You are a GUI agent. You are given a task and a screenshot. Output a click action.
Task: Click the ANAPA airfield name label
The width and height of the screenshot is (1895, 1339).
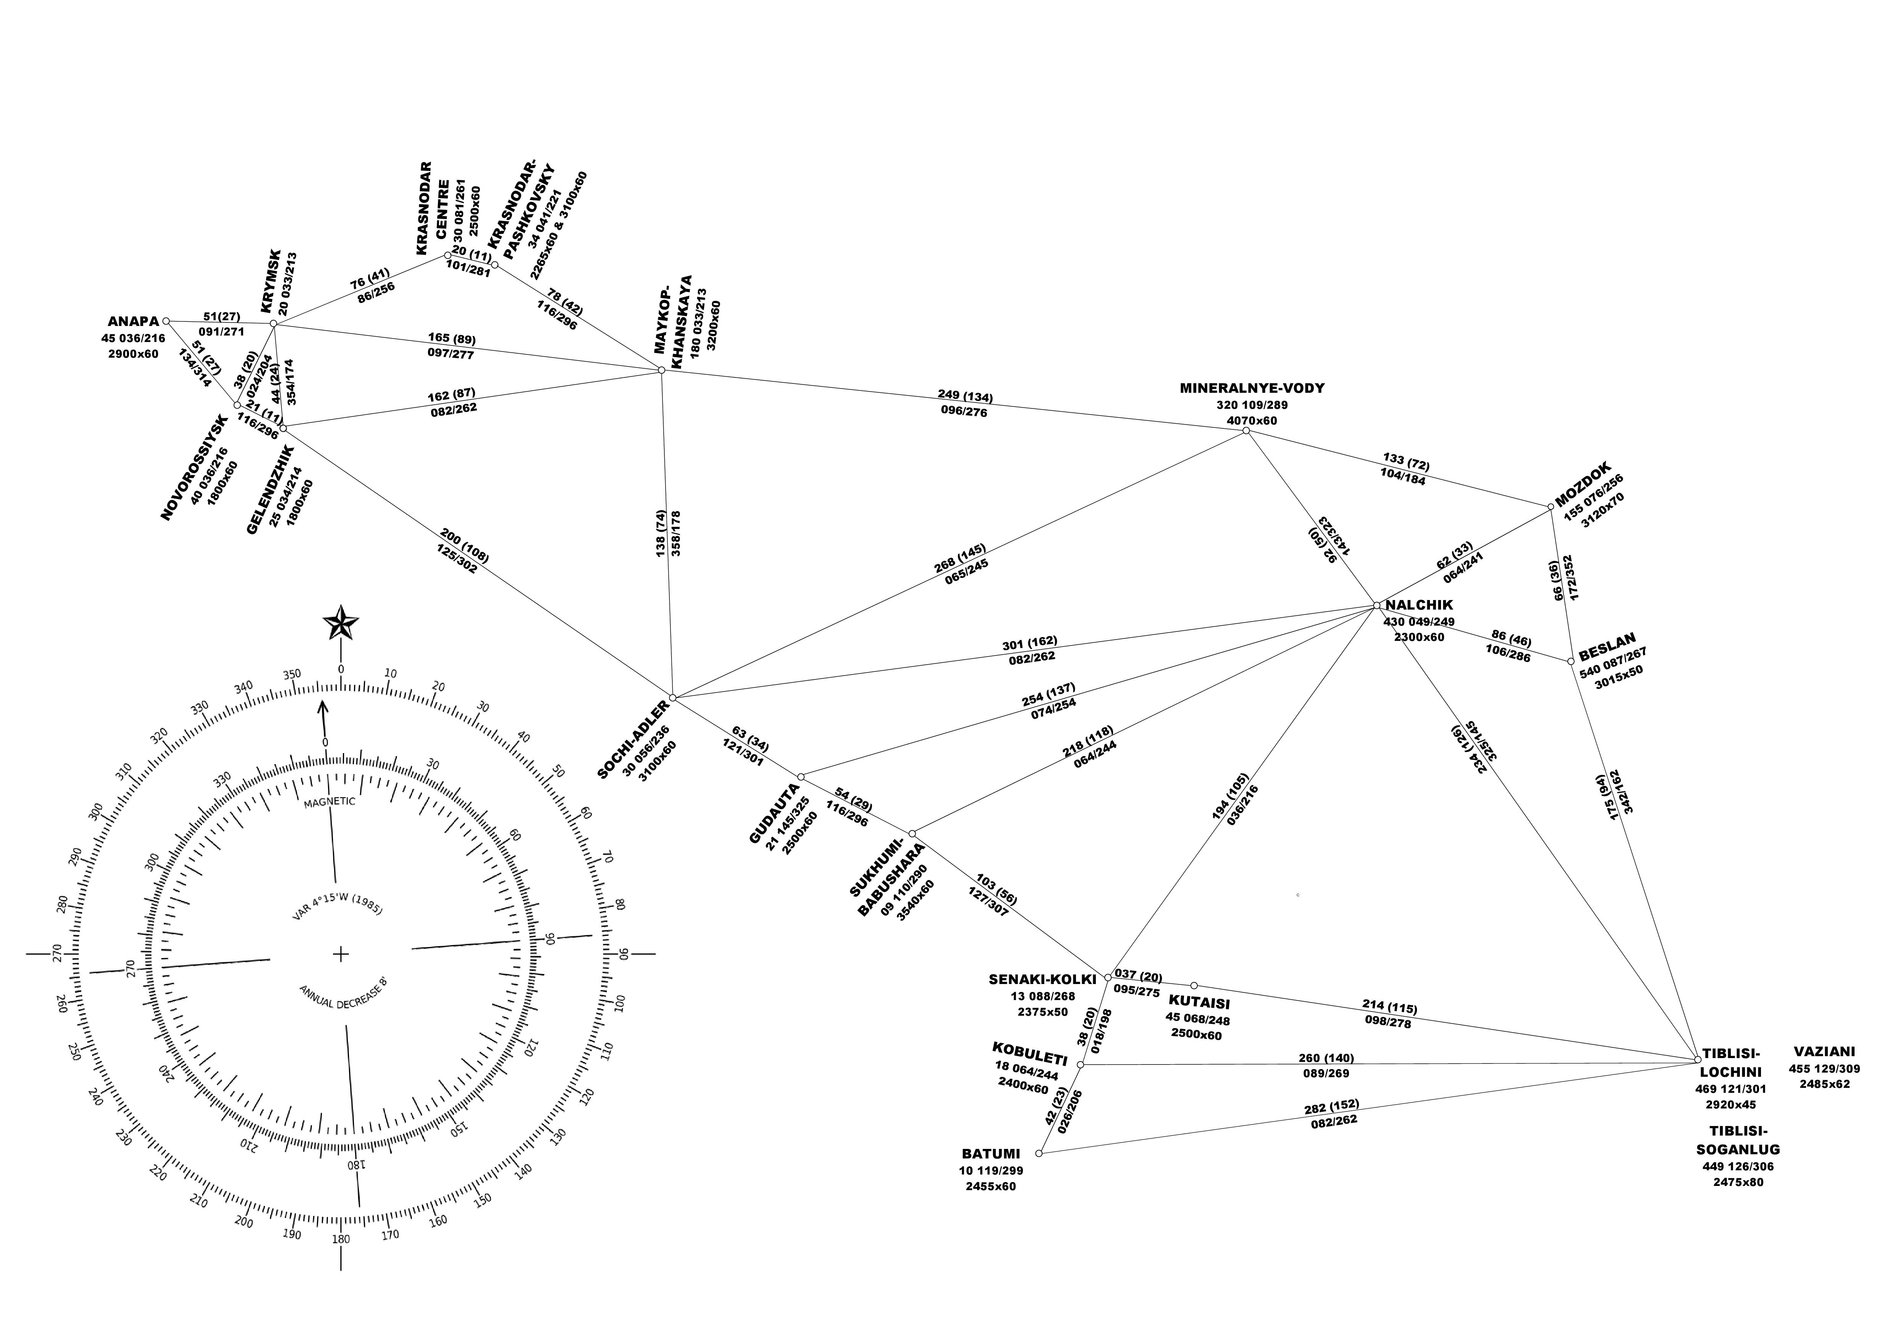tap(133, 322)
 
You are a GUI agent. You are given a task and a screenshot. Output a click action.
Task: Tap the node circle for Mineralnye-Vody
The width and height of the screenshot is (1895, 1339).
tap(1246, 431)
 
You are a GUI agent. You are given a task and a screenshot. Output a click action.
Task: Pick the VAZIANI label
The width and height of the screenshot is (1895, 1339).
tap(1824, 1052)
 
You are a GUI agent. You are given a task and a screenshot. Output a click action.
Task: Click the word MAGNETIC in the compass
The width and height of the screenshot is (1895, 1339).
tap(329, 802)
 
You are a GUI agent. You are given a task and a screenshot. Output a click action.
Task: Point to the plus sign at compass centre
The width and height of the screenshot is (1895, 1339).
tap(340, 955)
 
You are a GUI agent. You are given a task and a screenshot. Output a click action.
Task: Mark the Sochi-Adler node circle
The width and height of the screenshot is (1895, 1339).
tap(673, 698)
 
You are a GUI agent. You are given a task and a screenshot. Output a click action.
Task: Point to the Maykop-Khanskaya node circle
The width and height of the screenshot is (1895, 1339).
tap(661, 370)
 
